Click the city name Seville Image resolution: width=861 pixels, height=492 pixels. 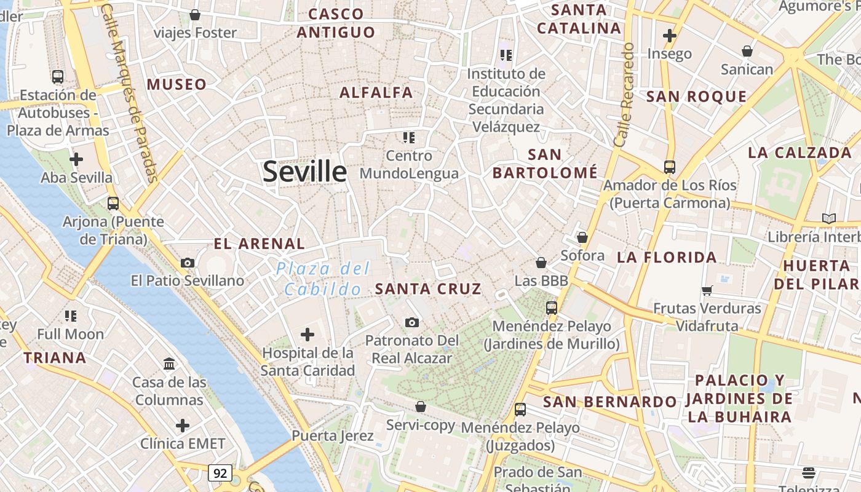304,171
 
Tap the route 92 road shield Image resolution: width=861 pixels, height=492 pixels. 220,473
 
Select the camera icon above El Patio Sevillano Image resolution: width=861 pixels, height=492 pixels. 188,263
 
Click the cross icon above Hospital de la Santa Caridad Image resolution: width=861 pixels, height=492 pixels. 307,335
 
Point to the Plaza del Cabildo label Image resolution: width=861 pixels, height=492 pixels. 323,279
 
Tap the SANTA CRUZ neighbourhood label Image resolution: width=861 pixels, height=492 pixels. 428,288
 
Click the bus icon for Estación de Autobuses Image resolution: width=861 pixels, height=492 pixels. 58,77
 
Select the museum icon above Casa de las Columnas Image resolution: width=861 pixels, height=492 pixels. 169,363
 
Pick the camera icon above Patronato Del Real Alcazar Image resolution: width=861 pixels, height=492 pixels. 412,322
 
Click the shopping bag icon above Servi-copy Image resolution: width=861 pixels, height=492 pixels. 421,407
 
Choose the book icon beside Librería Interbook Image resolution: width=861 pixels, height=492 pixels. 829,218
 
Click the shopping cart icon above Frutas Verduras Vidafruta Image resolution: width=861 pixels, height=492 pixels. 707,290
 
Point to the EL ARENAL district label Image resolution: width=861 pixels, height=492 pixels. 259,244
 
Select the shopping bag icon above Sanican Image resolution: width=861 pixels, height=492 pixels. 747,50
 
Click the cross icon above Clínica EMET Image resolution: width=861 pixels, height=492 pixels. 182,425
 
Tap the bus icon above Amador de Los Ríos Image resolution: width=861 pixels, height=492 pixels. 669,167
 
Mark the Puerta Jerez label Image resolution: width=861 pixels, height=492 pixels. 332,436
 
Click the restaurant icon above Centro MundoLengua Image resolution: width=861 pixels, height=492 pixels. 409,137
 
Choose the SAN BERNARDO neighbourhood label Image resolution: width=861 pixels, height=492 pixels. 610,402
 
